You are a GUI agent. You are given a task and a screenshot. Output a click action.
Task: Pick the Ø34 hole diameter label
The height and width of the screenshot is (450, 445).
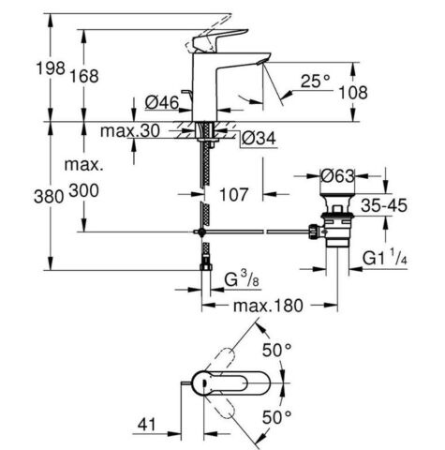click(258, 139)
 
